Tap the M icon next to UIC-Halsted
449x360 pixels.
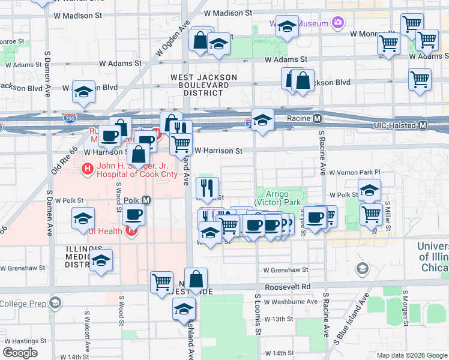point(423,125)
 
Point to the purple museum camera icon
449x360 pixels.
point(338,23)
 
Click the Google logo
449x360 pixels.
point(20,352)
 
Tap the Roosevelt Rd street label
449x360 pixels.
point(298,286)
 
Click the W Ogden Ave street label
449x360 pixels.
point(173,39)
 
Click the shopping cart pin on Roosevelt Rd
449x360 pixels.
point(161,281)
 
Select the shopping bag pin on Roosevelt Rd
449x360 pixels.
point(196,278)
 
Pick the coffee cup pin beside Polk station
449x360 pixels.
point(134,215)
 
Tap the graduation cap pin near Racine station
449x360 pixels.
point(262,120)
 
